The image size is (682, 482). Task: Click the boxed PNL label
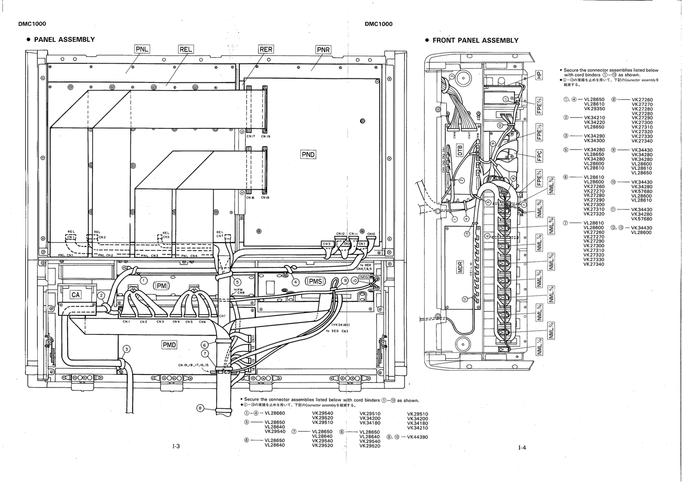pos(142,49)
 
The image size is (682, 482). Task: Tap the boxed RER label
pos(266,49)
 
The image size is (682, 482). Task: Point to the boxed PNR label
pos(323,50)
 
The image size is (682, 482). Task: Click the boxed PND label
pos(308,155)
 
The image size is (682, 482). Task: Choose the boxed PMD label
pos(169,345)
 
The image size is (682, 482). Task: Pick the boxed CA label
pos(76,295)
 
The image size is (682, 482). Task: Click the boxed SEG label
pos(363,277)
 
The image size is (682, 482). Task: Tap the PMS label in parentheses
pos(315,282)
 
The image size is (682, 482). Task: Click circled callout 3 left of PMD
pos(126,349)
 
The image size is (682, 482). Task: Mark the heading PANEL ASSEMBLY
pos(64,40)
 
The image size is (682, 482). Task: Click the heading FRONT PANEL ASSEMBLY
pos(475,41)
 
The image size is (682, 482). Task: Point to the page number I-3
pos(176,447)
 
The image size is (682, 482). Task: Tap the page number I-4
pos(522,448)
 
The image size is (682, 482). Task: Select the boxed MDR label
pos(461,268)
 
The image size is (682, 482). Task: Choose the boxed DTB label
pos(460,150)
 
